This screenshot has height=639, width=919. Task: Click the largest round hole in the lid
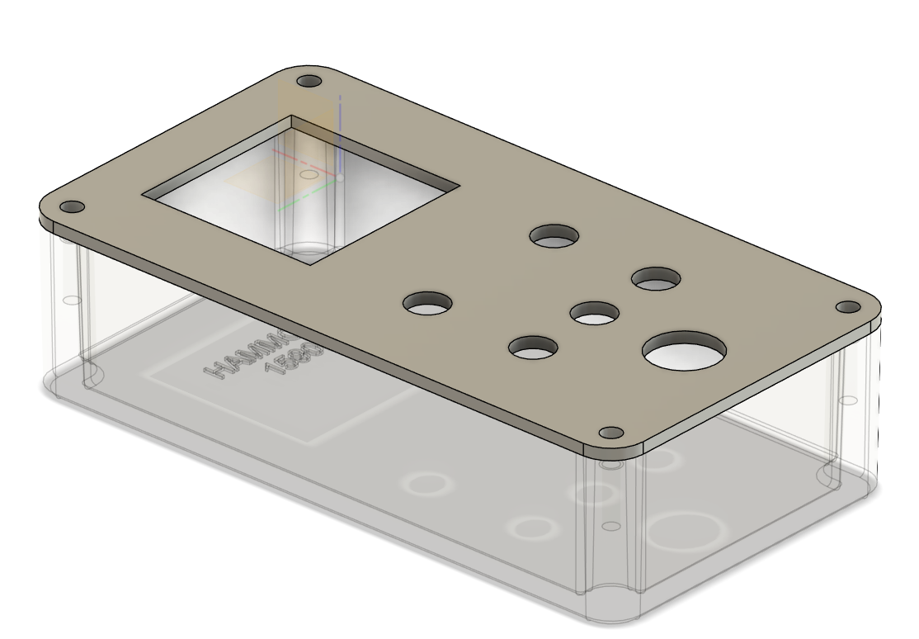point(685,350)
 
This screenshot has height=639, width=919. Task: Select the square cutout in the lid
point(301,191)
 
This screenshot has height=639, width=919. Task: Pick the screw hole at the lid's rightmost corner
point(848,307)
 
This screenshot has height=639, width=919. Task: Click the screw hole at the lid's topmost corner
point(309,83)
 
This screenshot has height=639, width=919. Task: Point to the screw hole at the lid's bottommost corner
point(610,433)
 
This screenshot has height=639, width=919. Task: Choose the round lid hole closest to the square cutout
point(427,302)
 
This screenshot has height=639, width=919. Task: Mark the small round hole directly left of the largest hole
point(534,348)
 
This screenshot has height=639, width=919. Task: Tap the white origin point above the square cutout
point(341,177)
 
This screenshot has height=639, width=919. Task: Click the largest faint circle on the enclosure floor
point(681,531)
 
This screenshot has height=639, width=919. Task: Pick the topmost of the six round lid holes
point(554,236)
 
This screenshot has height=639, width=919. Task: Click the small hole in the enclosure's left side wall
point(71,301)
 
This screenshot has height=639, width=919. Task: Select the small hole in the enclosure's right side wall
point(848,400)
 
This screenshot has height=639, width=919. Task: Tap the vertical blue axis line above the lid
point(340,132)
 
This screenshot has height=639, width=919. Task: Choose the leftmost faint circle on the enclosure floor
point(427,483)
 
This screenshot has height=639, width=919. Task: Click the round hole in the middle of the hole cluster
point(595,314)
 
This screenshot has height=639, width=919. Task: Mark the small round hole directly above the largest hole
point(657,279)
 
